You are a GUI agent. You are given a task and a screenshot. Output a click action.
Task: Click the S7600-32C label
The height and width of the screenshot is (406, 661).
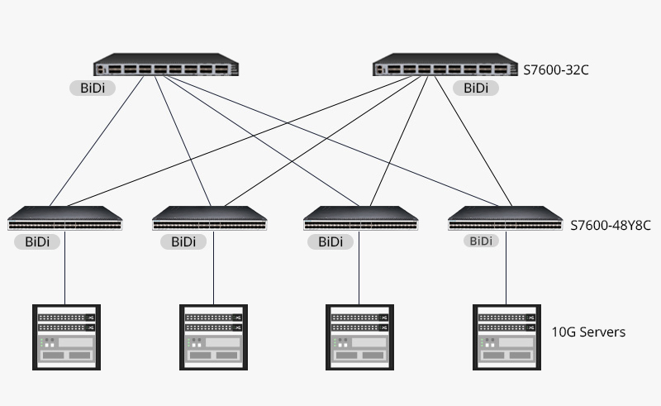pos(556,70)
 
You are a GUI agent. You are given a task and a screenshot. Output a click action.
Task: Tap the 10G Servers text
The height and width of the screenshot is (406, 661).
pos(588,332)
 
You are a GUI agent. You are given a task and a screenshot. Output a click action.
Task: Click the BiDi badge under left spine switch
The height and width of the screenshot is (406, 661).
pos(93,87)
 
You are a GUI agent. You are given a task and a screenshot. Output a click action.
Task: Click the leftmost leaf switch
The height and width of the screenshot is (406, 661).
pos(65,219)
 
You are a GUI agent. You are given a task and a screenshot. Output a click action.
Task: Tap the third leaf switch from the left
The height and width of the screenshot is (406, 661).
pos(360,219)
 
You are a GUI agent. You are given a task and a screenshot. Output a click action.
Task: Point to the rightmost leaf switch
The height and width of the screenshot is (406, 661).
pos(506,219)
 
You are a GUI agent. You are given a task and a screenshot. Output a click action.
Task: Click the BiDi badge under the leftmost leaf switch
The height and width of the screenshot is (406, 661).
pos(37,242)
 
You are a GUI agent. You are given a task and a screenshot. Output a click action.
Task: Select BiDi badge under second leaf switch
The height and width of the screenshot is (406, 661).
pos(183,242)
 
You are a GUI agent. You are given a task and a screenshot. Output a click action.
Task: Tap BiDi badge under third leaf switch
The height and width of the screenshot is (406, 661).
pos(330,242)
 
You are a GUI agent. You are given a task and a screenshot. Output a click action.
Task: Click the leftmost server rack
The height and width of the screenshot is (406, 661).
pos(66,337)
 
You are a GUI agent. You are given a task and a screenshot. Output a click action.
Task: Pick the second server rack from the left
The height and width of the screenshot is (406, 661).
pos(213,337)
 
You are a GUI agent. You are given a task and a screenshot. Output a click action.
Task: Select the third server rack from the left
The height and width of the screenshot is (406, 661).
pos(360,337)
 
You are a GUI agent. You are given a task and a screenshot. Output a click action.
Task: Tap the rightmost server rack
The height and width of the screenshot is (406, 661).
pos(506,337)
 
